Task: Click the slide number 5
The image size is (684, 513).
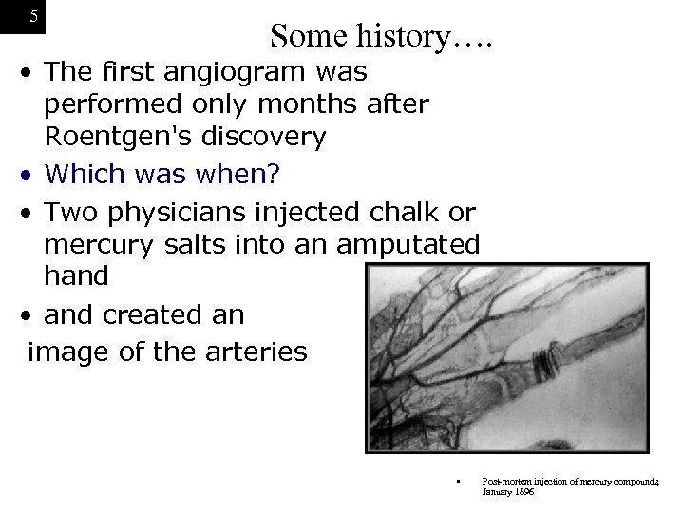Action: [34, 16]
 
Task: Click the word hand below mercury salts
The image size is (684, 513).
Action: [76, 276]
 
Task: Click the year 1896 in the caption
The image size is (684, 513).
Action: [522, 492]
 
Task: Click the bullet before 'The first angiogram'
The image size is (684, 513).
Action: [32, 72]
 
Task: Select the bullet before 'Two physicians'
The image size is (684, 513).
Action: [32, 211]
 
